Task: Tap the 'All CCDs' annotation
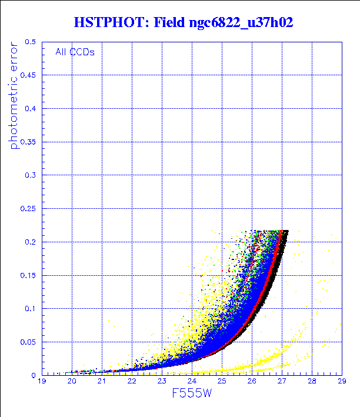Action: click(x=75, y=51)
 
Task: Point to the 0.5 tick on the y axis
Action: click(x=31, y=42)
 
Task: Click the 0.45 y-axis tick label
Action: click(x=28, y=75)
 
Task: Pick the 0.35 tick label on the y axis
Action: click(x=28, y=142)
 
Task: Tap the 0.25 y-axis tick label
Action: click(x=28, y=208)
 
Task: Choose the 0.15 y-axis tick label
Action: click(x=28, y=275)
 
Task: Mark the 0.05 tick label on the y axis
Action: click(x=28, y=341)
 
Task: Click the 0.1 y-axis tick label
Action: click(x=31, y=308)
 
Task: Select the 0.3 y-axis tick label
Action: click(x=31, y=175)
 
